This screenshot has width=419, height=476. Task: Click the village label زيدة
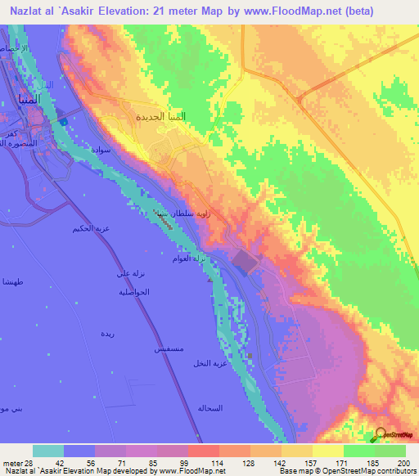click(x=107, y=334)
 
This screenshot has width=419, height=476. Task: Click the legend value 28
click(x=29, y=462)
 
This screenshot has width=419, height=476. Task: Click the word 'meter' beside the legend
click(x=11, y=462)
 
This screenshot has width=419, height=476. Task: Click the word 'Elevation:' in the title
click(x=139, y=11)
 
